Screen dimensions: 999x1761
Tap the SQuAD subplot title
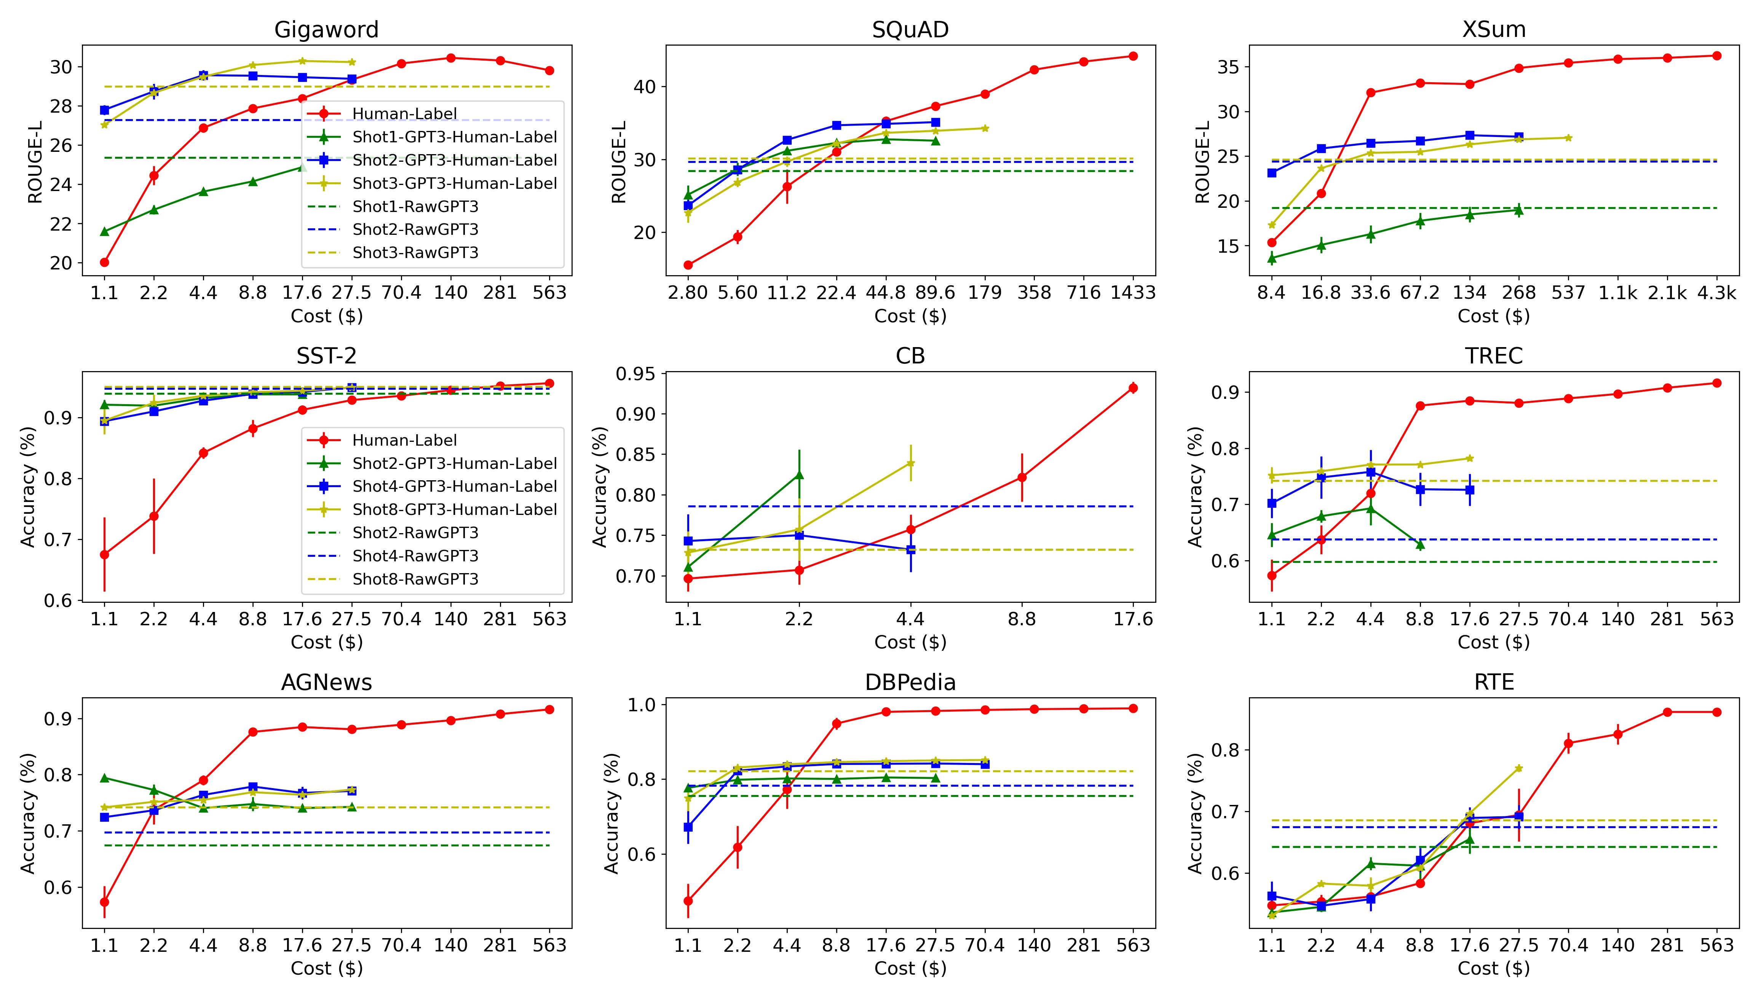click(910, 30)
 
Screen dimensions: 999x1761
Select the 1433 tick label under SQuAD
click(1132, 293)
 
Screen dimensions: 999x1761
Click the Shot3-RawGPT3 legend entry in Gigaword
click(415, 252)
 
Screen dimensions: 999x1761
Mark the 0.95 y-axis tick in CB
click(635, 374)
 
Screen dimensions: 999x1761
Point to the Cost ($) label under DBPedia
click(910, 968)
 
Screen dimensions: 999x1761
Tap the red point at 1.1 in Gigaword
click(104, 262)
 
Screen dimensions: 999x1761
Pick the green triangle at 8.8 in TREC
click(1420, 545)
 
